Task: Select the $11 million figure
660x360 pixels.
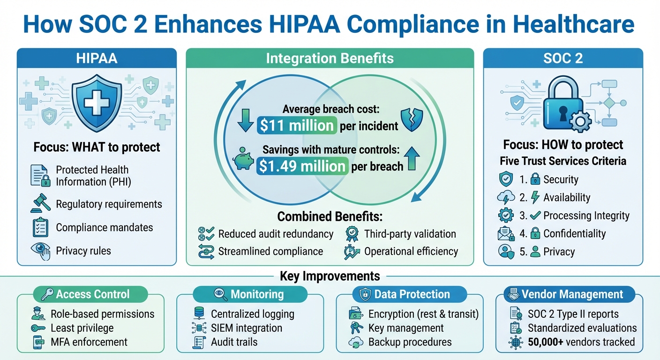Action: pos(296,125)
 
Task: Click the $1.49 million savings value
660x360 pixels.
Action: pos(302,166)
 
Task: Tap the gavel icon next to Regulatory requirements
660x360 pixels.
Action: pos(40,204)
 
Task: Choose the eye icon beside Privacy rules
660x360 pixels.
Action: pos(40,250)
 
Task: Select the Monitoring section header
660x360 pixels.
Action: pos(250,294)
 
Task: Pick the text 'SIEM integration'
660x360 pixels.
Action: pos(247,328)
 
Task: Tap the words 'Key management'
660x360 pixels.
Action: pos(406,328)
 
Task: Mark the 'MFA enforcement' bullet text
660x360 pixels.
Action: pos(89,342)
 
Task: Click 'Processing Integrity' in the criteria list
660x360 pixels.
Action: pos(586,216)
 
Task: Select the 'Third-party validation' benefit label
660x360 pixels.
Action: pos(410,233)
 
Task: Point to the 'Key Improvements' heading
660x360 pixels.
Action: pos(330,276)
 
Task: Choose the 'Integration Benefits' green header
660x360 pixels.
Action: pos(330,59)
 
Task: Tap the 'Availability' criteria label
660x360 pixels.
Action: pos(567,198)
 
